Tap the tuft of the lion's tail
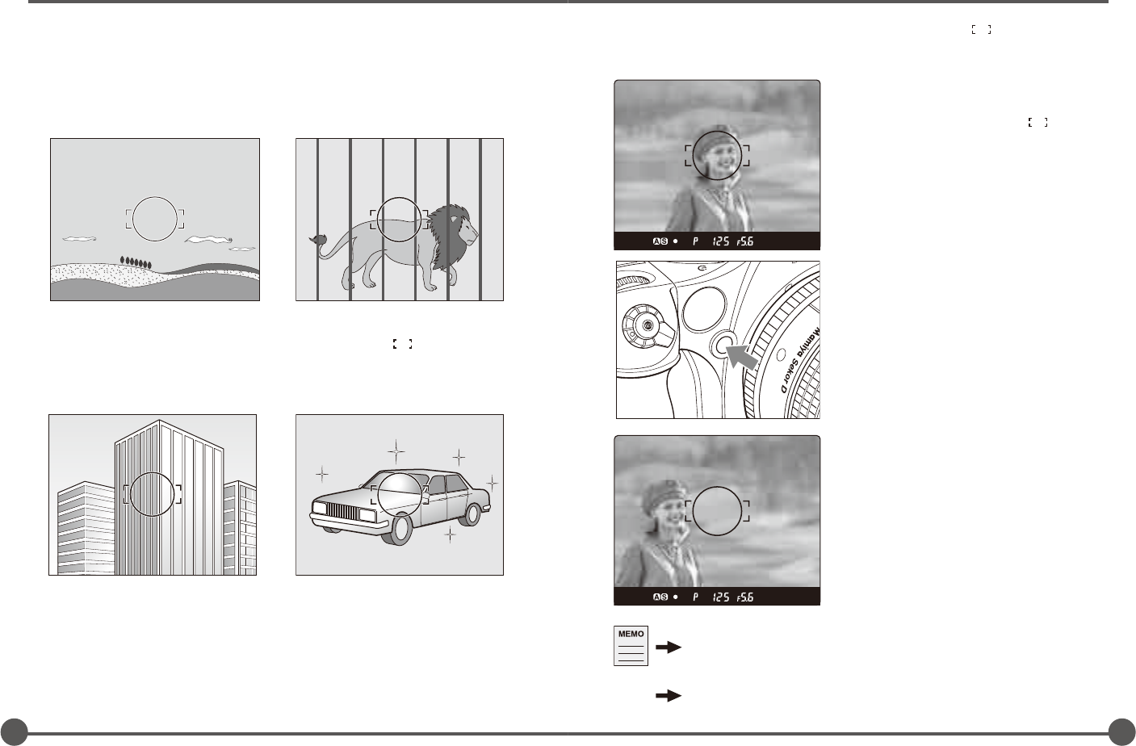click(x=318, y=238)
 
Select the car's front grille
click(x=344, y=511)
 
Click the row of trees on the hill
click(x=136, y=262)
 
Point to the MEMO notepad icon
click(x=631, y=646)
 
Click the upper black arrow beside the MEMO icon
click(x=669, y=648)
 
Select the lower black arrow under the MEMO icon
click(x=669, y=695)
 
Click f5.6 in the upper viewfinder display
click(x=745, y=241)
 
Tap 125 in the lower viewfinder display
click(x=721, y=597)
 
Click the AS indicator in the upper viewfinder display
click(x=660, y=241)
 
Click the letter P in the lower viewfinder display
click(x=695, y=597)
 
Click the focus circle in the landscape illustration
click(x=155, y=197)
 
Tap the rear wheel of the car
click(x=472, y=514)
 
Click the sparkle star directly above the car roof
click(x=396, y=451)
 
